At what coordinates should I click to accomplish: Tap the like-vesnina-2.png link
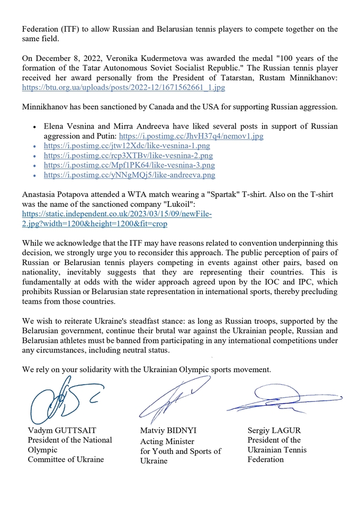(x=127, y=156)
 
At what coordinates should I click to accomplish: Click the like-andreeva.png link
(x=129, y=175)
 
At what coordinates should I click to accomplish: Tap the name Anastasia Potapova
(x=57, y=195)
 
